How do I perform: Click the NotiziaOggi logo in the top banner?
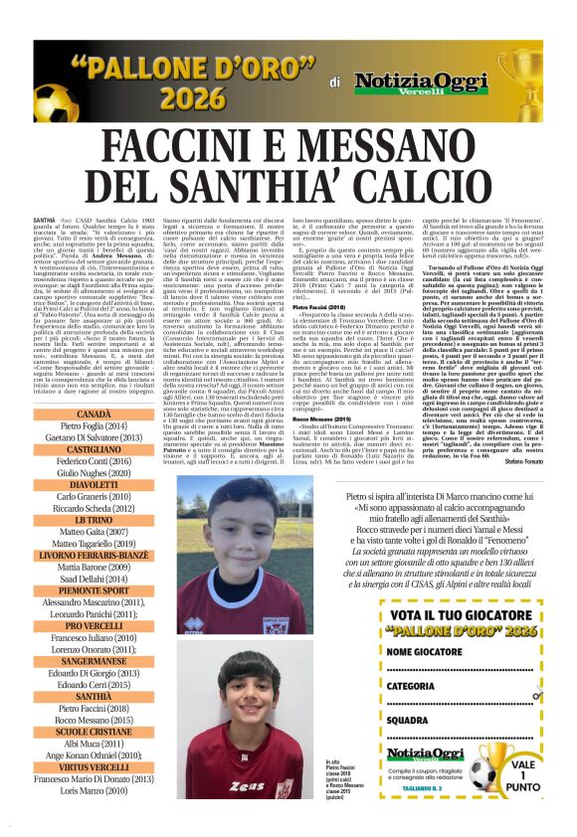pos(409,81)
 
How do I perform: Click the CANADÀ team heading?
pos(94,413)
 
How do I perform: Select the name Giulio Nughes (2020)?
pos(94,473)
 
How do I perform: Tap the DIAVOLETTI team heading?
pos(94,485)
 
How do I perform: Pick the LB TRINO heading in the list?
pos(94,520)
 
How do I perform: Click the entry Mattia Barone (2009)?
pos(94,567)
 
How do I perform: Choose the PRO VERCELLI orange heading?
pos(94,626)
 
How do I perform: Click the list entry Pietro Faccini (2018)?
pos(94,708)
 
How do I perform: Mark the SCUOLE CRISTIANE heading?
pos(94,732)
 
